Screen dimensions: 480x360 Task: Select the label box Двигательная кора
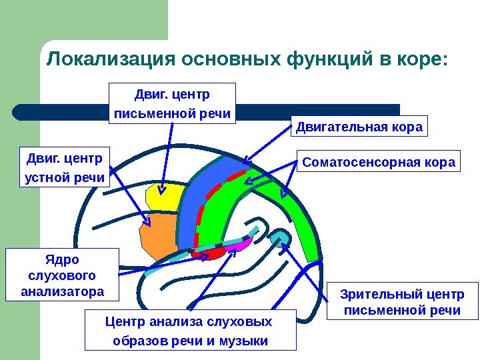click(359, 127)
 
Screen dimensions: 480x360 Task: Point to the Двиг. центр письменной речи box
click(172, 103)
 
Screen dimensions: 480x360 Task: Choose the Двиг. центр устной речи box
click(65, 167)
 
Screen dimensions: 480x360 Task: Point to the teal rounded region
click(281, 236)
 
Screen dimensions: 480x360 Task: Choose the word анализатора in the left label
click(63, 291)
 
